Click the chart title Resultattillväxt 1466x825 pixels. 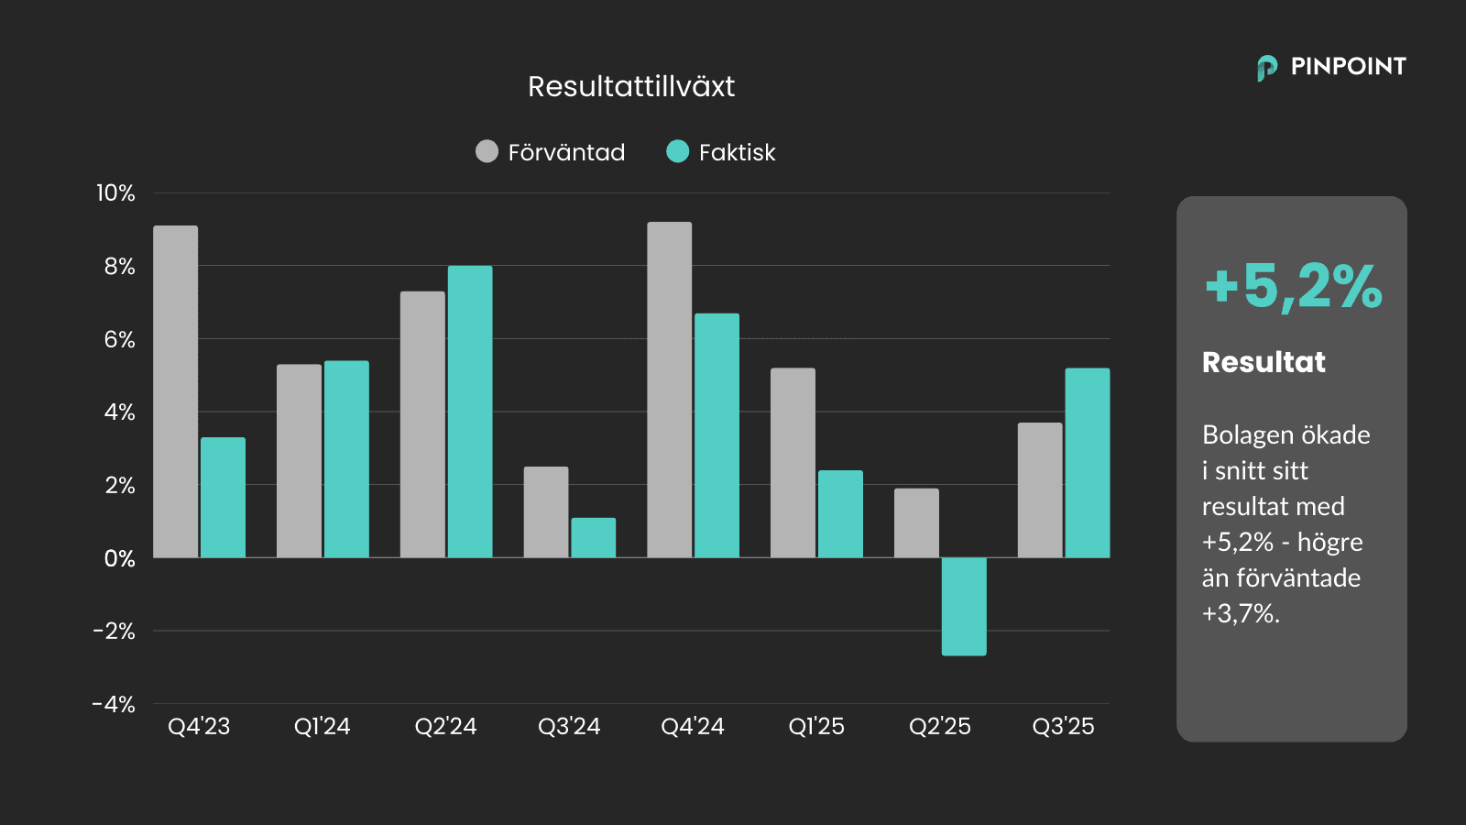pyautogui.click(x=631, y=86)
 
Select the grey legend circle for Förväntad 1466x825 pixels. pyautogui.click(x=487, y=151)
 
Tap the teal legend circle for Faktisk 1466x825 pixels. pyautogui.click(x=677, y=151)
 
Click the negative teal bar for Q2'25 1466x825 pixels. pyautogui.click(x=964, y=606)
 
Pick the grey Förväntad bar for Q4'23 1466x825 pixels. pyautogui.click(x=176, y=391)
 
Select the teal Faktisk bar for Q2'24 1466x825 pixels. pyautogui.click(x=470, y=412)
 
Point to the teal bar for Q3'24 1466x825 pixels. pyautogui.click(x=594, y=538)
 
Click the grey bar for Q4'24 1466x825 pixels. pyautogui.click(x=670, y=390)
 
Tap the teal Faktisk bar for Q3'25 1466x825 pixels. pyautogui.click(x=1088, y=463)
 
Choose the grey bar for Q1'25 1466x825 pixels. pyautogui.click(x=793, y=463)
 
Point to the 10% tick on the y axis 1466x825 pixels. pyautogui.click(x=115, y=193)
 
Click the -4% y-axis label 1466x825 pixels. pyautogui.click(x=114, y=704)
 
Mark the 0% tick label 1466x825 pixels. pyautogui.click(x=119, y=558)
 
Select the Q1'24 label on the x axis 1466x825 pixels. pyautogui.click(x=322, y=727)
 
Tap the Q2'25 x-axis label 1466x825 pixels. pyautogui.click(x=939, y=727)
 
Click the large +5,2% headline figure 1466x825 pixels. pyautogui.click(x=1293, y=286)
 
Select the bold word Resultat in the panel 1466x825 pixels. pyautogui.click(x=1264, y=362)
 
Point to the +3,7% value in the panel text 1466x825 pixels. pyautogui.click(x=1239, y=613)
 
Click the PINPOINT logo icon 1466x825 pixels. pyautogui.click(x=1267, y=68)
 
